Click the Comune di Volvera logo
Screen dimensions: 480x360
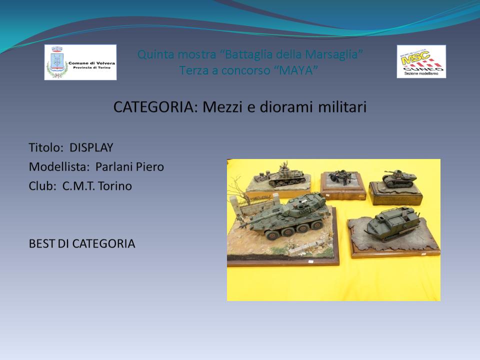80,62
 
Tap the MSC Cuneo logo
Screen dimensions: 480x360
421,61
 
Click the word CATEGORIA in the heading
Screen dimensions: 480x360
156,107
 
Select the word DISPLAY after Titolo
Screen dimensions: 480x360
91,147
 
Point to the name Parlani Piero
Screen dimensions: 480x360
130,167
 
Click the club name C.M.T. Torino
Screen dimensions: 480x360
97,186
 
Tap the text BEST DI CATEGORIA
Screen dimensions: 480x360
81,243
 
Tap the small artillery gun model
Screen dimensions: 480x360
340,178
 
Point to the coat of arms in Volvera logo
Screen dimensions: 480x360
57,61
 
